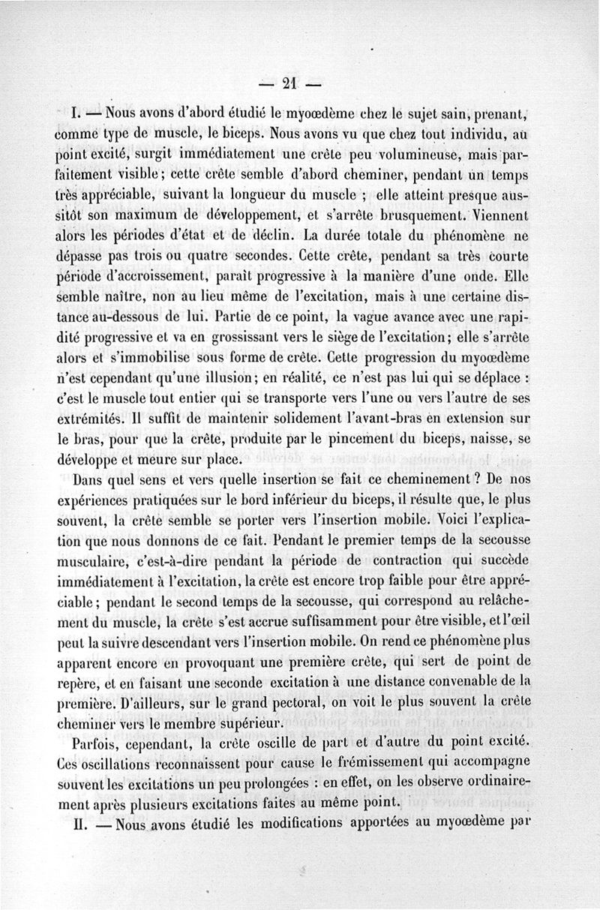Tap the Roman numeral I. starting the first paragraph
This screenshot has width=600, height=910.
coord(76,115)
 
